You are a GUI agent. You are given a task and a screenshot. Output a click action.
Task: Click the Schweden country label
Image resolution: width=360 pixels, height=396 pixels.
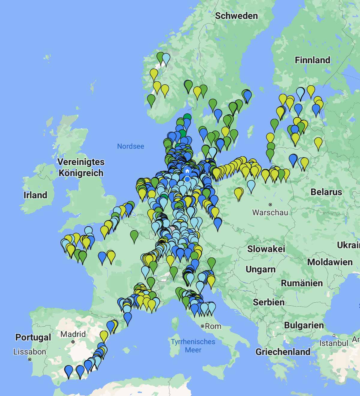coord(236,16)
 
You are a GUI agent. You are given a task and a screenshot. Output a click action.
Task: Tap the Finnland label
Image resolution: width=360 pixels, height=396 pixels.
coord(312,60)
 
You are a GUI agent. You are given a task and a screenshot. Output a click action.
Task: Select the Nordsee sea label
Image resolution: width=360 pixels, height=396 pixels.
coord(130,146)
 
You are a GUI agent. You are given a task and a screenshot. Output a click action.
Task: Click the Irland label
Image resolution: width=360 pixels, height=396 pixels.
coord(35,195)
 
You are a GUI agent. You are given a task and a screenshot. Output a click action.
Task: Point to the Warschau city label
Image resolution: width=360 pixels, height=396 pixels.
coord(270,212)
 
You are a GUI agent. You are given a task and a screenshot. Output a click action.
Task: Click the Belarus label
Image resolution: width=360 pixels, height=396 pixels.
coord(326,192)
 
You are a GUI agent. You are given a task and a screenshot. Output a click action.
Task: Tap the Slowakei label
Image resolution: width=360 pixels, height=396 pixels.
coord(266,249)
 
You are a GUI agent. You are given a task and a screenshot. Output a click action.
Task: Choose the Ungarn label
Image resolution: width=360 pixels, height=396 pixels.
coord(260,269)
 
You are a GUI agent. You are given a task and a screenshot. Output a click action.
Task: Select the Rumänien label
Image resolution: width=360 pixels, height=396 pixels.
coord(301,283)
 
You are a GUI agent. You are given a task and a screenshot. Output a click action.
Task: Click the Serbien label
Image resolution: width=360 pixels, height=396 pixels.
coord(268,302)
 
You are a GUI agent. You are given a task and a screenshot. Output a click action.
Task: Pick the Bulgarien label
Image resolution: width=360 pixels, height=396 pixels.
coord(304,325)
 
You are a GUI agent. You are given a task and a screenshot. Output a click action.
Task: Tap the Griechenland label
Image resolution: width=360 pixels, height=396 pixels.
coord(283,352)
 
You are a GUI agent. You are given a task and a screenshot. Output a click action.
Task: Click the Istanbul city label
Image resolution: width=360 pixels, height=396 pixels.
coord(334,343)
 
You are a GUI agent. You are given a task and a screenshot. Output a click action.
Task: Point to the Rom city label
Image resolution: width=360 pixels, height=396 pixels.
coord(213,326)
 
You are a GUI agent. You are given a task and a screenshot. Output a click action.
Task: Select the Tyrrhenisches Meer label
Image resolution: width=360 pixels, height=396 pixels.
coord(193,346)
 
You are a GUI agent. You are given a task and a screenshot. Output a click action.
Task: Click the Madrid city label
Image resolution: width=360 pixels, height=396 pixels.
coord(73,334)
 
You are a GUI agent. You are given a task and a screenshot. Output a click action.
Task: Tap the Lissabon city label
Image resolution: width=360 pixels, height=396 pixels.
coord(30,352)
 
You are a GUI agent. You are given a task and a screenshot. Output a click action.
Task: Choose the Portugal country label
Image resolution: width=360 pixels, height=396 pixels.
coord(33,337)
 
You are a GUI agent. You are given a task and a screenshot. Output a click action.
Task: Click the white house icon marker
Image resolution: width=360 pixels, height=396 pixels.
coord(187,171)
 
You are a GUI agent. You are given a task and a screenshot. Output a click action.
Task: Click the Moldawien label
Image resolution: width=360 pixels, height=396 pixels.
coord(330,262)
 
